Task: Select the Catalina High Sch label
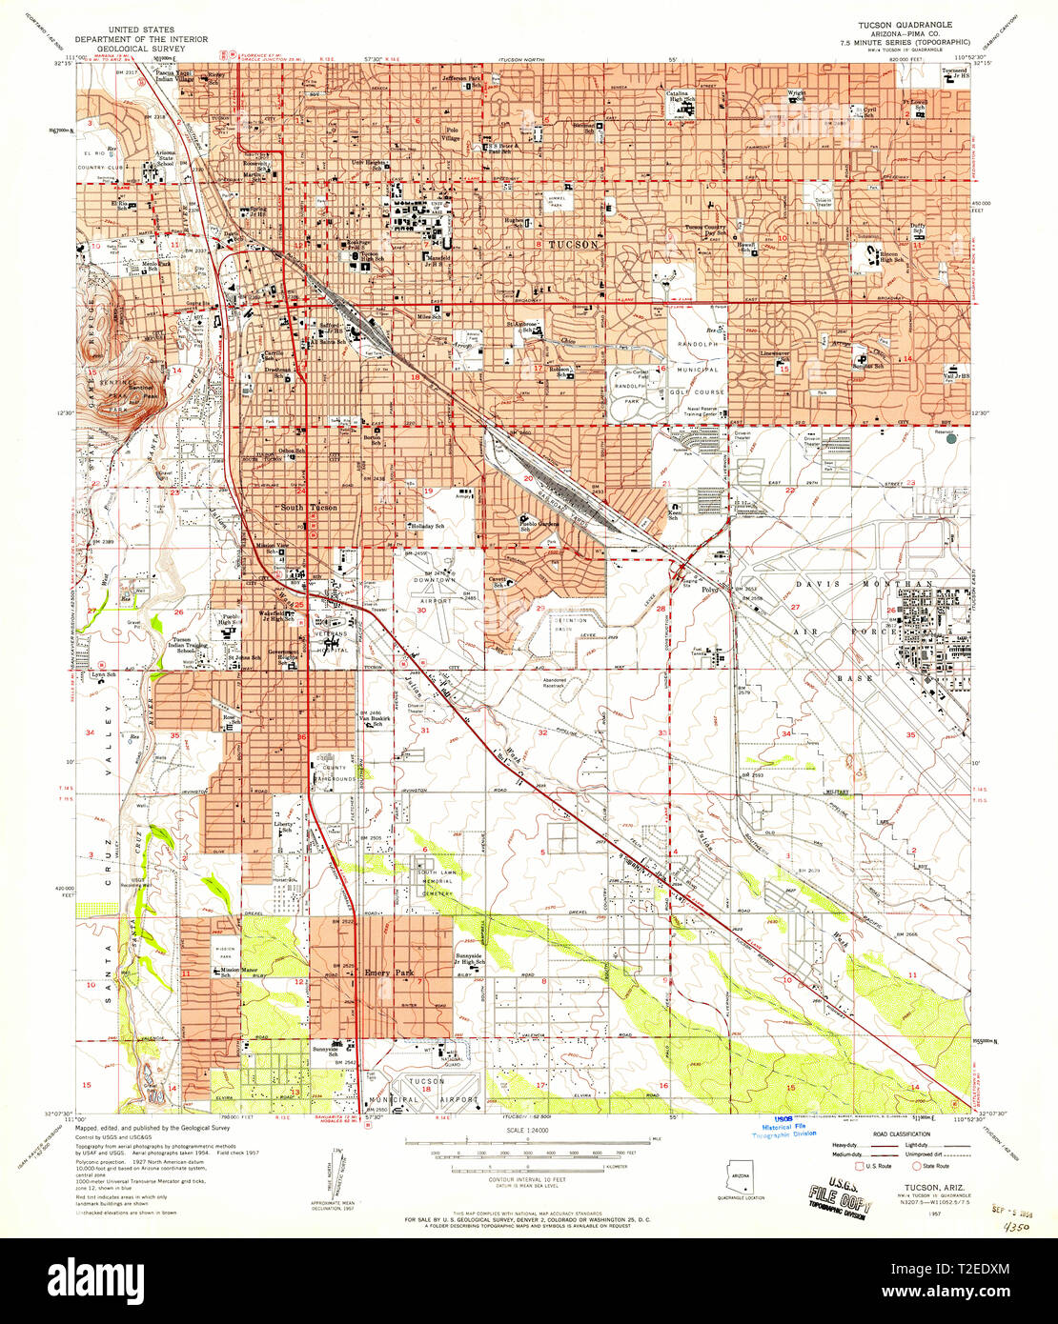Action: [680, 96]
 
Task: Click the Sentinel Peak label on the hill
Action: [141, 391]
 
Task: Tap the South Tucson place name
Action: [308, 508]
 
